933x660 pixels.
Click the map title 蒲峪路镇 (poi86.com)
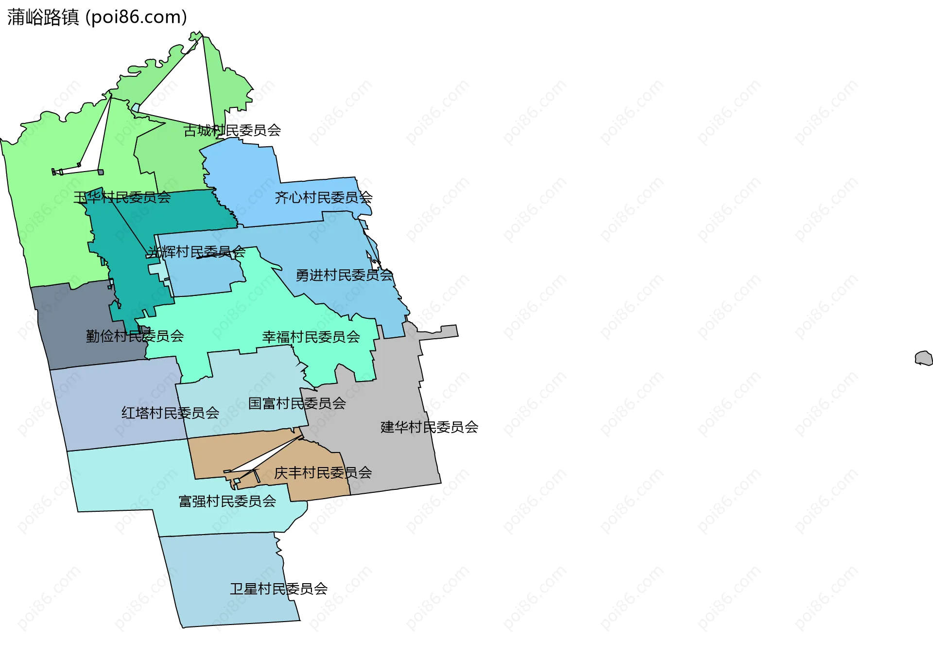click(x=97, y=17)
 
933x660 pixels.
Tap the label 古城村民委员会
click(x=232, y=130)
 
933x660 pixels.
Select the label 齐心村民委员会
click(x=323, y=197)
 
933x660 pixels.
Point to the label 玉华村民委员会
click(x=122, y=197)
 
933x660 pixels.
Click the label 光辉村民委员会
click(x=196, y=252)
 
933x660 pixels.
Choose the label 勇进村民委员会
click(x=344, y=275)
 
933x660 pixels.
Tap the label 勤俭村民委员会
click(x=135, y=336)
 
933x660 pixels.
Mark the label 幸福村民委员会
click(x=311, y=337)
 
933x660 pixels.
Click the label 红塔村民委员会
click(x=170, y=413)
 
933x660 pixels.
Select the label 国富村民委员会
click(x=297, y=403)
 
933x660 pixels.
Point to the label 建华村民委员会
click(x=429, y=427)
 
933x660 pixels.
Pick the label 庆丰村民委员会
click(x=323, y=472)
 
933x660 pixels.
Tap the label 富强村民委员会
click(x=227, y=501)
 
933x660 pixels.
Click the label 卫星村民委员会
click(x=278, y=589)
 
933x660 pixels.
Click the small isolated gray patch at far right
click(x=923, y=358)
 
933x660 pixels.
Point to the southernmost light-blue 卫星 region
click(x=228, y=564)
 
